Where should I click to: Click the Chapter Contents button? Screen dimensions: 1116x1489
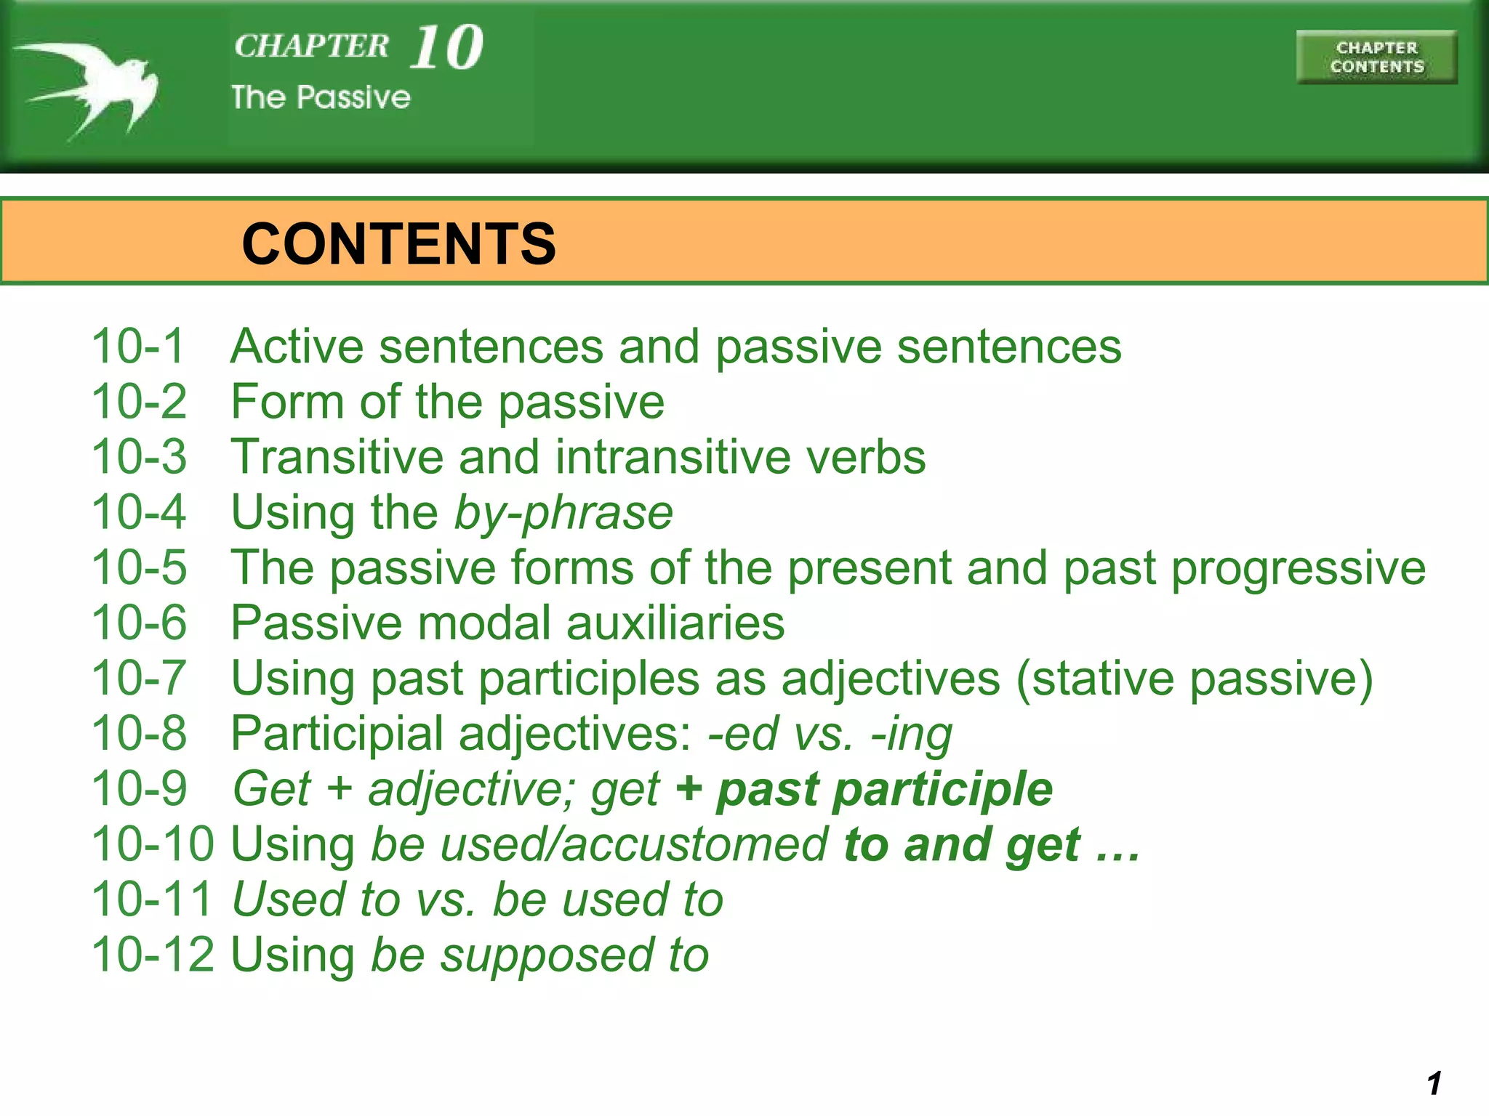(1376, 57)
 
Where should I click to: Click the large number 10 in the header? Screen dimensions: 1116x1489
(446, 48)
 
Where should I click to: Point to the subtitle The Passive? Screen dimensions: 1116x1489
(321, 97)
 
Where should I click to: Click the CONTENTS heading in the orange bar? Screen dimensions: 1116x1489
(398, 243)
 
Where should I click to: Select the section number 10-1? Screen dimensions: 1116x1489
(139, 346)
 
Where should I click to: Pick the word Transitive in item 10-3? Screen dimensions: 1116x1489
(336, 457)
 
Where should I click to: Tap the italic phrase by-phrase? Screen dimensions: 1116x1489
(563, 513)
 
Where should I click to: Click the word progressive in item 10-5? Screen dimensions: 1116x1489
(1298, 567)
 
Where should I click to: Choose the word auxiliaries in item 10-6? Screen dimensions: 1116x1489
(675, 623)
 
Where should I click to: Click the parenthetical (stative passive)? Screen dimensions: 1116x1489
(1195, 679)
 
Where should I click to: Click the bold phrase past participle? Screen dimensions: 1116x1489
(884, 790)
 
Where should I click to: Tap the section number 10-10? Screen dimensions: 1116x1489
(153, 844)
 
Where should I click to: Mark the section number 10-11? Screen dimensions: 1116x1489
(151, 899)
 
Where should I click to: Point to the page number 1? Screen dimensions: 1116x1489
(1434, 1083)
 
